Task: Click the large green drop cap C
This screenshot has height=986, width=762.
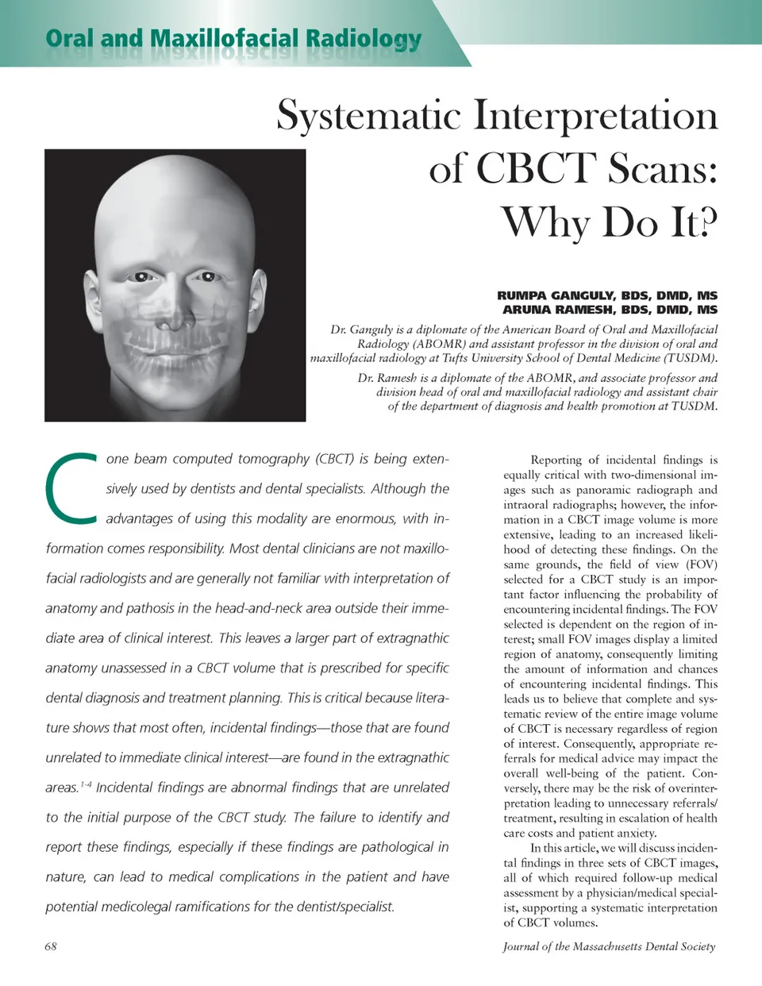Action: pyautogui.click(x=71, y=488)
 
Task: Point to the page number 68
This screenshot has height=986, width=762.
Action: pyautogui.click(x=51, y=946)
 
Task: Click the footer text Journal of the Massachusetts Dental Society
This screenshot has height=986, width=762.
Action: pyautogui.click(x=609, y=946)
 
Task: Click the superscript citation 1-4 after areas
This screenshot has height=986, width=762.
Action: pyautogui.click(x=86, y=784)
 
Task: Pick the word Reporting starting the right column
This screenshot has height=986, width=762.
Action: pyautogui.click(x=556, y=460)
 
